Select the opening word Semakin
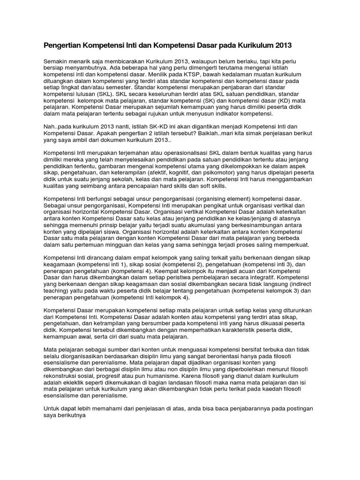pyautogui.click(x=56, y=61)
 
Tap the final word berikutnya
pyautogui.click(x=71, y=415)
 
